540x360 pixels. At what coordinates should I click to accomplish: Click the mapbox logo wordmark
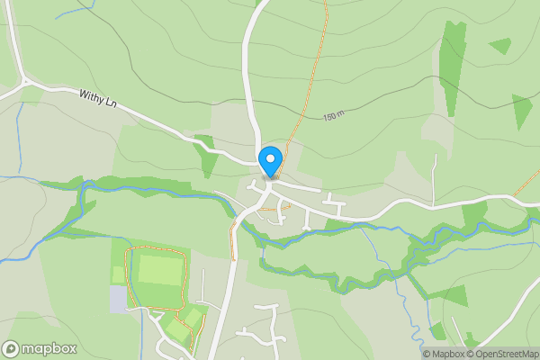click(x=45, y=348)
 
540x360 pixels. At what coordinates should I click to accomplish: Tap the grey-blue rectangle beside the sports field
click(x=118, y=299)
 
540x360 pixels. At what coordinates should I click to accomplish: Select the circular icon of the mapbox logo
click(x=11, y=348)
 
